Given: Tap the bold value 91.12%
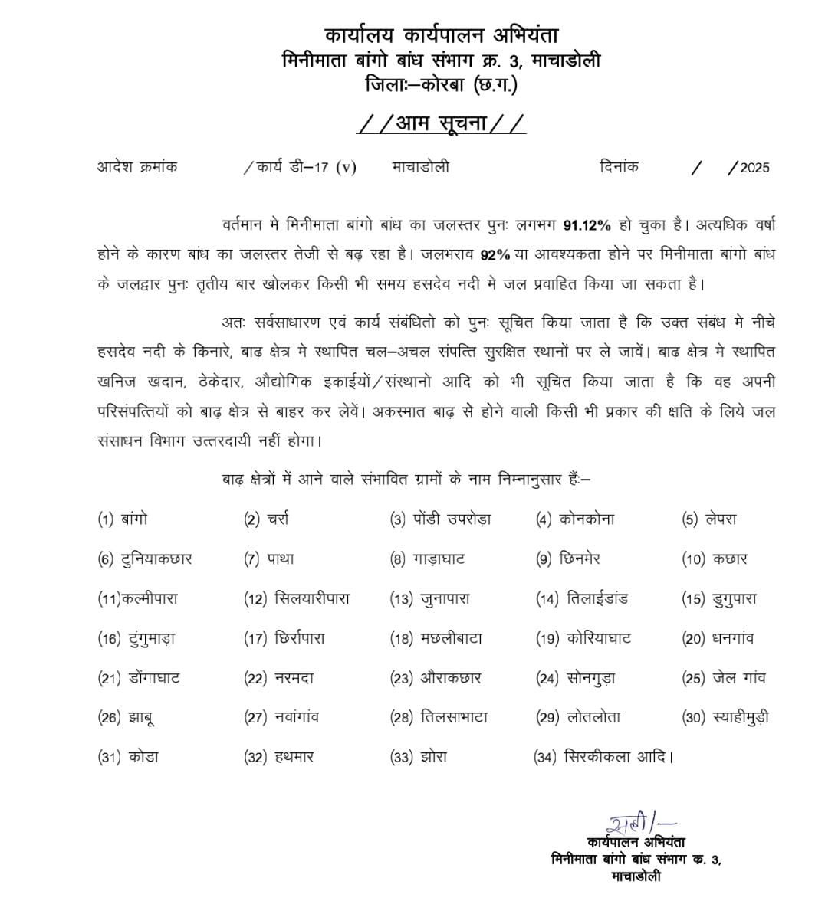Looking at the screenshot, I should (x=587, y=225).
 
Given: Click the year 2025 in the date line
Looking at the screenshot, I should (x=754, y=168).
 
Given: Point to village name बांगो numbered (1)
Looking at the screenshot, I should (x=134, y=519).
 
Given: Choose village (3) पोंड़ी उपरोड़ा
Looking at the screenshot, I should (x=455, y=519).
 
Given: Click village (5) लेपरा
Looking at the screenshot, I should (x=721, y=519).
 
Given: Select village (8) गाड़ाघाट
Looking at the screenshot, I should (x=442, y=559).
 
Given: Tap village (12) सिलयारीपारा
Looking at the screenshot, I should (x=311, y=599).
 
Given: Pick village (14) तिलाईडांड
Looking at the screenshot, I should (x=597, y=599).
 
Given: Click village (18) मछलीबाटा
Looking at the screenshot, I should (x=451, y=638).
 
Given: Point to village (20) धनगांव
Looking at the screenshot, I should (x=733, y=638).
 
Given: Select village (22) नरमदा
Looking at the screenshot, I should (x=294, y=678).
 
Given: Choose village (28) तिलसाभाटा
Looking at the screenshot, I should (x=454, y=718).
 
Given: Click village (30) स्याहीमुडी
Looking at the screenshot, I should (x=740, y=718).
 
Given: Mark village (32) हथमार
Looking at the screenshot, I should (x=294, y=758).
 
